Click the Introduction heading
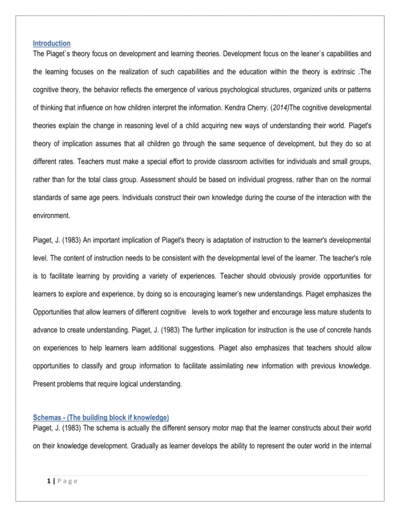pos(51,43)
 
